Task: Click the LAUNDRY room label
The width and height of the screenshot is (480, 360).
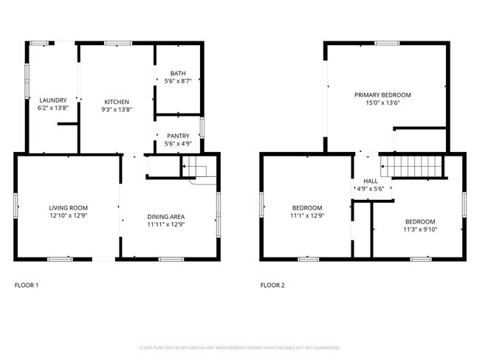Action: (53, 100)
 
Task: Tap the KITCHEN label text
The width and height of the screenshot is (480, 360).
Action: (117, 101)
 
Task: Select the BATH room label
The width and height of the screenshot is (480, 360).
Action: (178, 73)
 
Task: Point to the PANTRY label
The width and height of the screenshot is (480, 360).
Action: (178, 136)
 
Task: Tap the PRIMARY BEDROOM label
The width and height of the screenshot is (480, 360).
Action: (383, 95)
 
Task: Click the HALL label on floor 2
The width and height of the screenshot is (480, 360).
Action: (370, 181)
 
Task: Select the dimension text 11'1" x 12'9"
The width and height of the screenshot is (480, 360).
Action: (306, 216)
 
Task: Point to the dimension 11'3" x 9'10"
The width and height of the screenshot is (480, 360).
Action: (419, 229)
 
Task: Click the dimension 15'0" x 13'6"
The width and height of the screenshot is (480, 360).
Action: (383, 103)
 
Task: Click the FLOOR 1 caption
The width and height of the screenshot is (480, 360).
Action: (27, 285)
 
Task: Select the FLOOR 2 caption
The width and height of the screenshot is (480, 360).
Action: (272, 285)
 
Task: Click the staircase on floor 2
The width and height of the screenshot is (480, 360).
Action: (414, 167)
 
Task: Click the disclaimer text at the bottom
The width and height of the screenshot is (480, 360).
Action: (239, 347)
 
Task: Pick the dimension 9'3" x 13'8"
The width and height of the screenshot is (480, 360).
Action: (117, 109)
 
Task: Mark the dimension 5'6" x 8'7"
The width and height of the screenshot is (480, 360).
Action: (178, 80)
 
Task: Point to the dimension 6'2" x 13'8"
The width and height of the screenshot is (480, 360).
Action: (53, 108)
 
